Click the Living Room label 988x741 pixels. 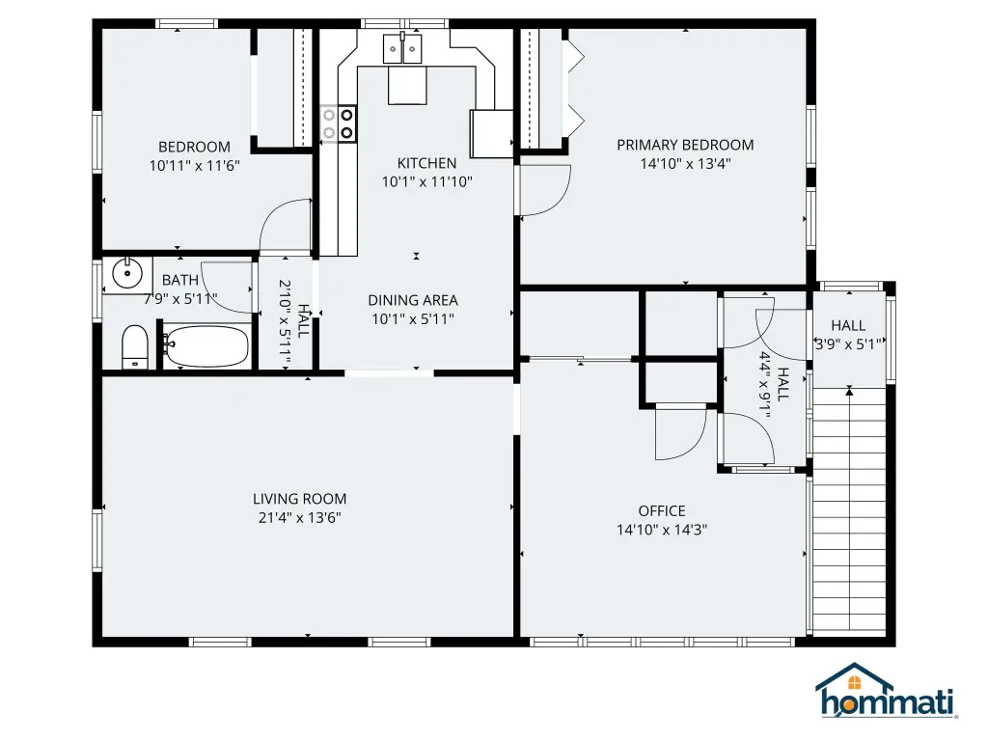click(299, 499)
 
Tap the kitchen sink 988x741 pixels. click(402, 48)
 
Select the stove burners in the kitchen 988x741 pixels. click(338, 123)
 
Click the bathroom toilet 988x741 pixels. click(134, 347)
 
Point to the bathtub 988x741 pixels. click(206, 345)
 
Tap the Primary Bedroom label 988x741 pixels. click(685, 145)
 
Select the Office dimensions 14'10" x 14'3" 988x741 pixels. click(662, 530)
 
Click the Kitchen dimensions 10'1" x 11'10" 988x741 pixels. click(426, 182)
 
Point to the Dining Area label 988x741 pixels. click(413, 301)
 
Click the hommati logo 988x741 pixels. click(887, 691)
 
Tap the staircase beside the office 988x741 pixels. click(849, 509)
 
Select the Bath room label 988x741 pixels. click(180, 280)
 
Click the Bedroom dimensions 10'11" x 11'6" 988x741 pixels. click(194, 166)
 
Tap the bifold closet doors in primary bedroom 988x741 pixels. click(575, 88)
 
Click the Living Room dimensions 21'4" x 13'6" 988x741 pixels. click(299, 518)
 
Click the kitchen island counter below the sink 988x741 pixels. click(407, 85)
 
